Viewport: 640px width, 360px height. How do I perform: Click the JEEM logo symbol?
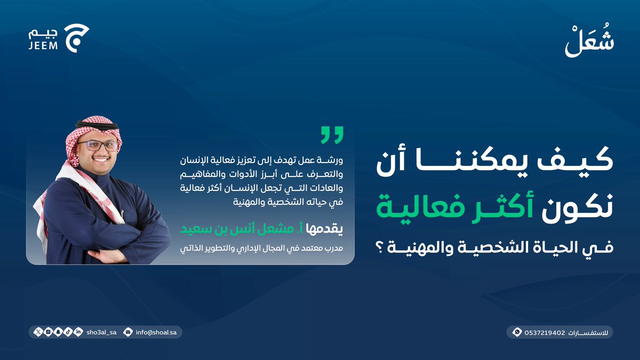[x=76, y=37]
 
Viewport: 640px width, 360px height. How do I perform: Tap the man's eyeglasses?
[x=98, y=145]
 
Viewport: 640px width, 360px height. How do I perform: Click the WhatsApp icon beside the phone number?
[x=516, y=332]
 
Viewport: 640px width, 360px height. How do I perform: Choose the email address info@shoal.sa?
[x=156, y=332]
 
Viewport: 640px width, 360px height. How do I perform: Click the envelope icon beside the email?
[x=127, y=332]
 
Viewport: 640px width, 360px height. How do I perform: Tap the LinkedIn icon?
[x=78, y=332]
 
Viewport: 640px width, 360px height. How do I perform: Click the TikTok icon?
[x=68, y=332]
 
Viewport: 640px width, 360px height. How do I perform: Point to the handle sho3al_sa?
[x=101, y=332]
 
